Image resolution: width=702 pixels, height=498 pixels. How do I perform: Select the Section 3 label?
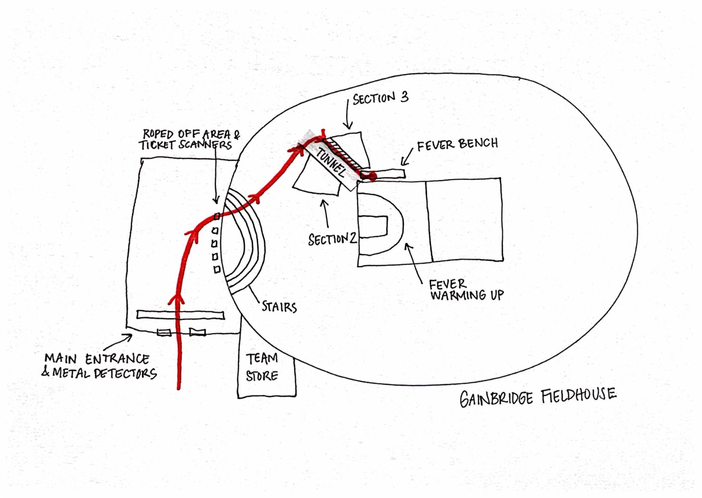click(x=380, y=98)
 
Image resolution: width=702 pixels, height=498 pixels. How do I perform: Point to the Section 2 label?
click(x=332, y=239)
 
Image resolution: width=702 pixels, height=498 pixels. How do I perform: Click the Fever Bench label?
click(x=457, y=144)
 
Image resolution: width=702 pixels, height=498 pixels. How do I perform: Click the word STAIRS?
click(x=279, y=306)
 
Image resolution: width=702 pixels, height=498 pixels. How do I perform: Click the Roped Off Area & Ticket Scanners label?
click(x=189, y=139)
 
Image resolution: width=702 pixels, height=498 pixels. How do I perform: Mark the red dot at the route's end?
click(x=372, y=175)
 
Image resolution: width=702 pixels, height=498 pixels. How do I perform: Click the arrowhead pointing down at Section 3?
click(x=348, y=127)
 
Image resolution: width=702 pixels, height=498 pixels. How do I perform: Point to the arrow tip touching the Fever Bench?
click(x=403, y=164)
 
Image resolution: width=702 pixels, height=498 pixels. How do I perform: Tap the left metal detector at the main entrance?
click(x=164, y=332)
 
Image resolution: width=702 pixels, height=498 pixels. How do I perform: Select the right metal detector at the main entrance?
click(x=197, y=332)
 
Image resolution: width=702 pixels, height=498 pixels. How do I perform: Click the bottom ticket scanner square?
click(x=217, y=270)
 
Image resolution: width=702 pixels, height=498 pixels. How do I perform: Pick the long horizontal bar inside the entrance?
click(x=181, y=314)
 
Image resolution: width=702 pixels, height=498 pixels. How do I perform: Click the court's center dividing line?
click(x=429, y=222)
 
